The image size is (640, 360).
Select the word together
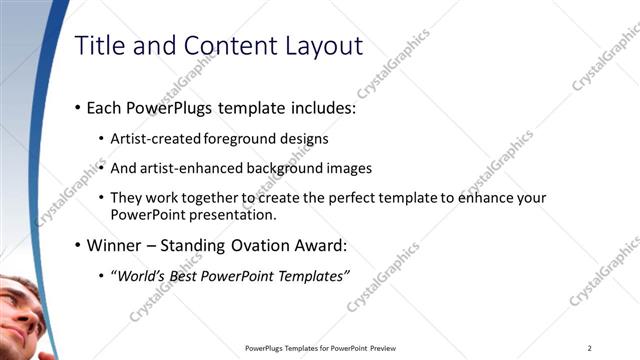pos(210,198)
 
